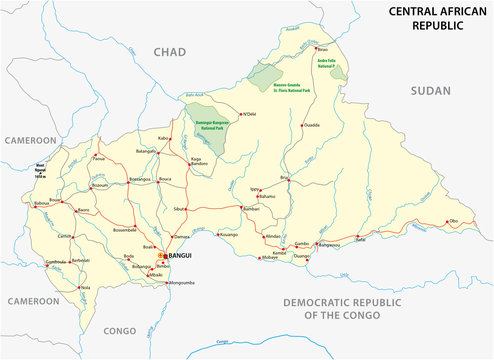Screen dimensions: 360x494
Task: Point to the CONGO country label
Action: [120, 330]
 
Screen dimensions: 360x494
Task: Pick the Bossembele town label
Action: [133, 229]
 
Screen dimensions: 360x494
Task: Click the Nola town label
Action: [86, 287]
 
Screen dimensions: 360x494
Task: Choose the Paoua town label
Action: [98, 158]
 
